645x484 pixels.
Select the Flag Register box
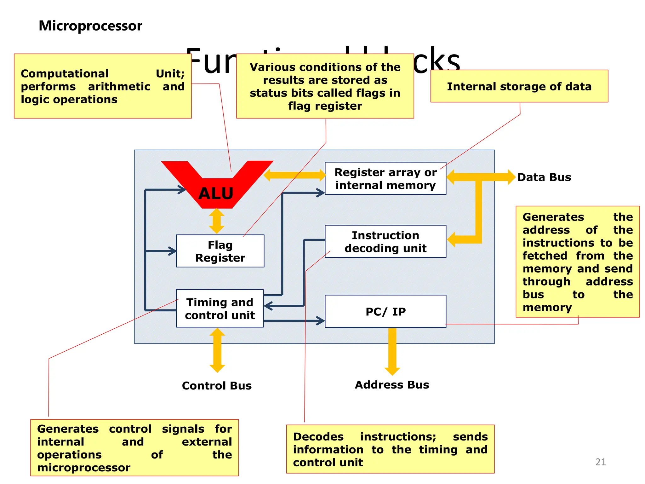coord(220,251)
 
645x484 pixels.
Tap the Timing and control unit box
coord(220,308)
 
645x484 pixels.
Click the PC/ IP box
coord(385,311)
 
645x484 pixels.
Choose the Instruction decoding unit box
coord(385,241)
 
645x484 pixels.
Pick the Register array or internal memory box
coord(385,178)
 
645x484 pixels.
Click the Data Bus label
coord(544,177)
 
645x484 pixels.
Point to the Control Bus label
coord(217,386)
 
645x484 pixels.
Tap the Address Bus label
coord(392,385)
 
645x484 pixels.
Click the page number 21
coord(600,462)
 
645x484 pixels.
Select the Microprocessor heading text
coord(90,26)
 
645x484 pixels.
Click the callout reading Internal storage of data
coord(519,86)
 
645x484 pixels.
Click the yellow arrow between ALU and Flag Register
coord(217,221)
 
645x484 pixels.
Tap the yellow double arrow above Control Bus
coord(217,350)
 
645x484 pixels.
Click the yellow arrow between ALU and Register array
coord(294,175)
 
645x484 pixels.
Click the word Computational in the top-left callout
coord(65,73)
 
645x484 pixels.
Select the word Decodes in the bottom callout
coord(318,437)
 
